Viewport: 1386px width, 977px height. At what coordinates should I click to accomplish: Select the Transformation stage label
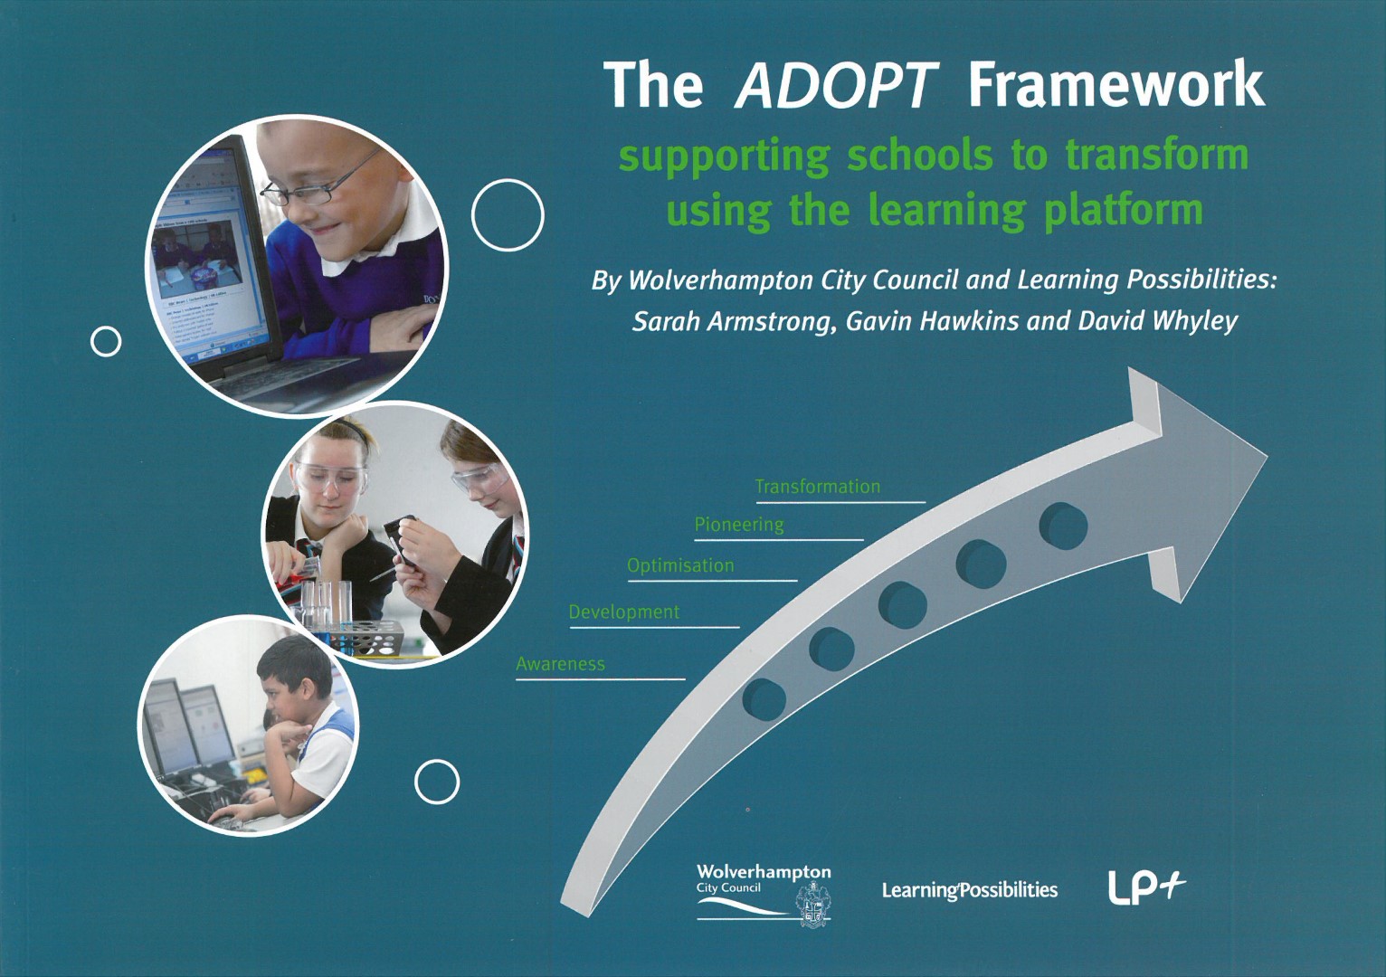tap(817, 487)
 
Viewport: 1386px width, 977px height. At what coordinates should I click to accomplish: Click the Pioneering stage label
tap(739, 526)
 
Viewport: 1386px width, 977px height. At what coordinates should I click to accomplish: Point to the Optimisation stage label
tap(680, 565)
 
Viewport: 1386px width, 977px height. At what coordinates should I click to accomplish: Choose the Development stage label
tap(623, 612)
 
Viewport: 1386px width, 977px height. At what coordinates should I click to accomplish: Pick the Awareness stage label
tap(561, 664)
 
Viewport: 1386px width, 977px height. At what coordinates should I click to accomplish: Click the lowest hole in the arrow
tap(764, 699)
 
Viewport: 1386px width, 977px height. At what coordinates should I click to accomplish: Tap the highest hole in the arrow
tap(1063, 526)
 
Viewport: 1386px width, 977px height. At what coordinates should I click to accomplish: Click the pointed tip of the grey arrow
tap(1267, 455)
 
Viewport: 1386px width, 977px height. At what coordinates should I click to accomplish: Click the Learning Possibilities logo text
tap(970, 891)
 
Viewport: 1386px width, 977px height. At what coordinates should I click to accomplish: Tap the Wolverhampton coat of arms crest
tap(813, 905)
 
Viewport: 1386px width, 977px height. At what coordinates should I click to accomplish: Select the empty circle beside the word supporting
tap(508, 215)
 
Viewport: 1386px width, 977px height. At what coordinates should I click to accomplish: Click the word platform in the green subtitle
tap(1123, 211)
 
